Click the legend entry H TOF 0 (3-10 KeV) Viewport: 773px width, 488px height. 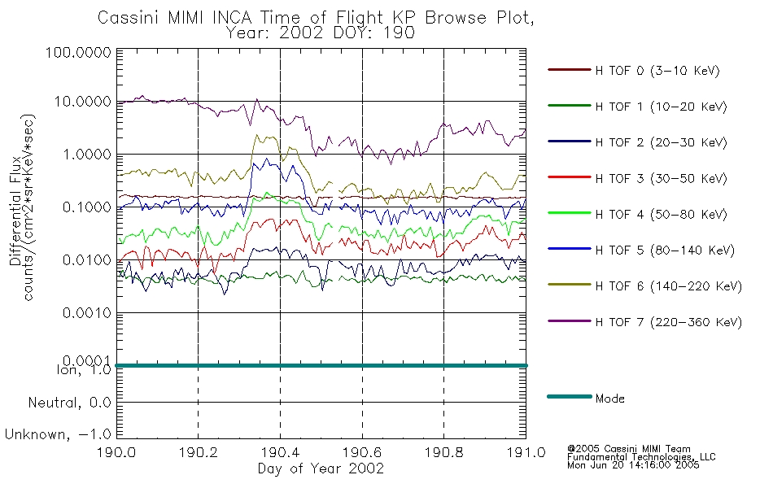tap(657, 71)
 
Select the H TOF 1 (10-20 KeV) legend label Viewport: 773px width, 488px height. tap(661, 107)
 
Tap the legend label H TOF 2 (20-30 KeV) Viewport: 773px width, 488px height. tap(661, 142)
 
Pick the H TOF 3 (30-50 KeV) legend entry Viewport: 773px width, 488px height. tap(661, 178)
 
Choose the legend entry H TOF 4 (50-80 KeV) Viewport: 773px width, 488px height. tap(661, 215)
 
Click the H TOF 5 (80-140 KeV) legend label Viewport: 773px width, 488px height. tap(665, 251)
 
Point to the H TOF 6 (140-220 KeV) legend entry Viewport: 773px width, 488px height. tap(669, 286)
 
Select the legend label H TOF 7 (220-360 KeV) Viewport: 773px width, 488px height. tap(669, 322)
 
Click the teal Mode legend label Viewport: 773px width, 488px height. tap(609, 399)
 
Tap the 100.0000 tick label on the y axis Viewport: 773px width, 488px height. tap(78, 52)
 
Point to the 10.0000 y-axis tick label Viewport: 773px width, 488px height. tap(82, 102)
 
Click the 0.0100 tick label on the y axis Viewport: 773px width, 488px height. tap(87, 259)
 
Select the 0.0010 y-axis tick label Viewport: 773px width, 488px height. tap(87, 312)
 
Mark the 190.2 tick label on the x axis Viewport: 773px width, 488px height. tap(199, 452)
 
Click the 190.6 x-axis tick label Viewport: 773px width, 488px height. tap(362, 452)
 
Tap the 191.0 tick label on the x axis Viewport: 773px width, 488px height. tap(526, 452)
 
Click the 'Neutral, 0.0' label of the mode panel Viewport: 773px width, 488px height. tap(69, 403)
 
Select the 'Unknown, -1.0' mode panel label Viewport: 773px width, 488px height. tap(58, 435)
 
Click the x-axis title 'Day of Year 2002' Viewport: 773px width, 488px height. tap(321, 468)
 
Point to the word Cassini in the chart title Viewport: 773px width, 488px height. tap(129, 18)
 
